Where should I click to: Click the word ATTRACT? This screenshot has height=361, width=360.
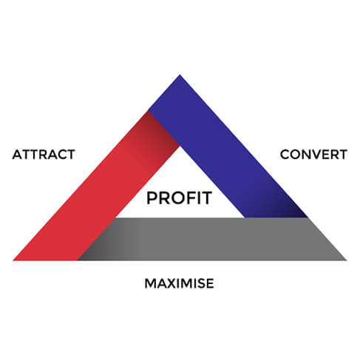coord(44,155)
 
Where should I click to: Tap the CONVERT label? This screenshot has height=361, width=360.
coord(313,155)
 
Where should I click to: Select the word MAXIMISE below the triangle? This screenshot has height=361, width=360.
coord(179,283)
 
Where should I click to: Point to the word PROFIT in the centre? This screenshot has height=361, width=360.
coord(179,198)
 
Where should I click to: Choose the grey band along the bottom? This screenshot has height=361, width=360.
coord(212,239)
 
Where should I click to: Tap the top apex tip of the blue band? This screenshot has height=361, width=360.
coord(180,75)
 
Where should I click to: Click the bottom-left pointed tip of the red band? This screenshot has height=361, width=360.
coord(13,260)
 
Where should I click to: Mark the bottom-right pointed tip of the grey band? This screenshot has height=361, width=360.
coord(347,260)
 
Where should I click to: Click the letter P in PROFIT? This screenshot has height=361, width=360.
coord(152,198)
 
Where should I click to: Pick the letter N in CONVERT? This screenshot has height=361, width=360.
coord(301,155)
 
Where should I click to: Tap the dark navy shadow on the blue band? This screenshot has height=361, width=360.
coord(288,209)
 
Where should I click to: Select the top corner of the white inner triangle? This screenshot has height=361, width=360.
coord(180,146)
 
